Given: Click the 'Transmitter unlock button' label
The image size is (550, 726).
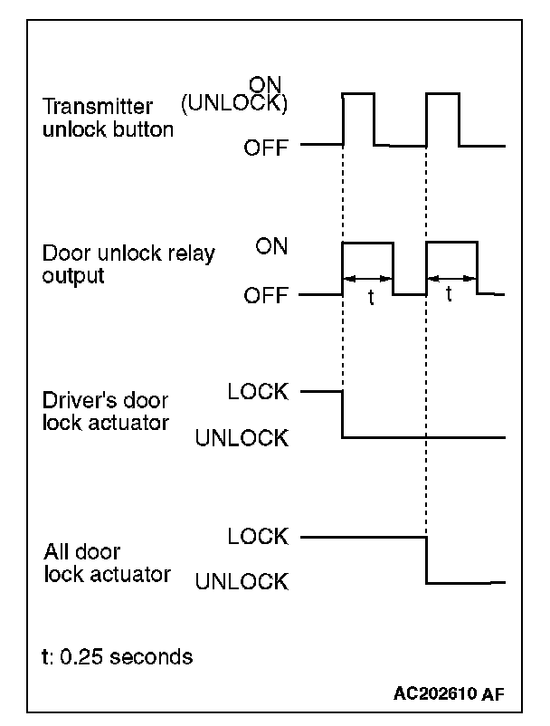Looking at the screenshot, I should tap(108, 118).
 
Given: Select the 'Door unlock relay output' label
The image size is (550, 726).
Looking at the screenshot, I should tap(128, 264).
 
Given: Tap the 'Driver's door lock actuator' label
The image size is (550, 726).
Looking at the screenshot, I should tap(106, 410).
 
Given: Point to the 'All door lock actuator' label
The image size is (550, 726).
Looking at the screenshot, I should tap(106, 562).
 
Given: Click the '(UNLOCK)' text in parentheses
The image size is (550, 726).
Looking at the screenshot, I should tap(234, 104).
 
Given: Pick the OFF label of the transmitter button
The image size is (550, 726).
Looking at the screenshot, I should tap(266, 147).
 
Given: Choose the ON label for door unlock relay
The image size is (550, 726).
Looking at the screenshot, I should tap(271, 246).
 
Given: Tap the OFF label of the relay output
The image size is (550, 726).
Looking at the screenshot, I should tap(266, 295).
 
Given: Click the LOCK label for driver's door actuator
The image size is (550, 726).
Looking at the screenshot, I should tap(258, 392).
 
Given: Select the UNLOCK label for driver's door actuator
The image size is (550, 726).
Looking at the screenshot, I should tap(242, 439).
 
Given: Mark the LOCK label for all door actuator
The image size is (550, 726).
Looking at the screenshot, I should tap(258, 536).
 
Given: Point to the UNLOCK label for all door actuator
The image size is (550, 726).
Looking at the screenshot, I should tap(242, 581).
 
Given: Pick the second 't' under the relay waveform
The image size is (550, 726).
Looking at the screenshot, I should tap(450, 295).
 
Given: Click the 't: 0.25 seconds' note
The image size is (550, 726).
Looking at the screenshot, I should tap(118, 656).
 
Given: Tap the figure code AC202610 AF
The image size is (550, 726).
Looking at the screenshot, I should tap(449, 694).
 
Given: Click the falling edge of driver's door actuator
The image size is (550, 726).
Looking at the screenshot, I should tap(343, 415).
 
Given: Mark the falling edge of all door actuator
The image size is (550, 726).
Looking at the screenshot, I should tap(426, 559).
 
